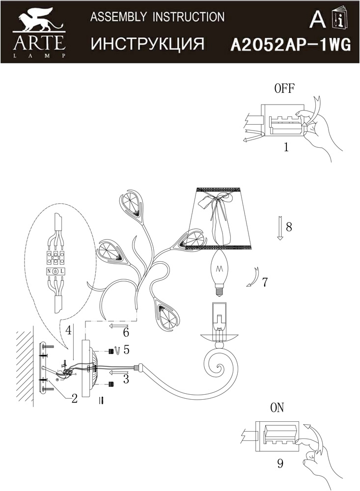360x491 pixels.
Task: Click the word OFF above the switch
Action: [284, 88]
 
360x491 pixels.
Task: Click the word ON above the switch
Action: [277, 408]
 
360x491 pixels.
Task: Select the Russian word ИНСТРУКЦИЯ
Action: [147, 44]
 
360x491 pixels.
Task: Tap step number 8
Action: [289, 227]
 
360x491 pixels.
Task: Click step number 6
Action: [126, 332]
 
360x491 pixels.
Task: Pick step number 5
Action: [126, 350]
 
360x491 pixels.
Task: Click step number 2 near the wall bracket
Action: [74, 399]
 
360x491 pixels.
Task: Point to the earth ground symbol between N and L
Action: [55, 272]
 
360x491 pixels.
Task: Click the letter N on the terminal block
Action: [49, 272]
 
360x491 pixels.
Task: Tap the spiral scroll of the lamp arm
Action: [220, 363]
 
